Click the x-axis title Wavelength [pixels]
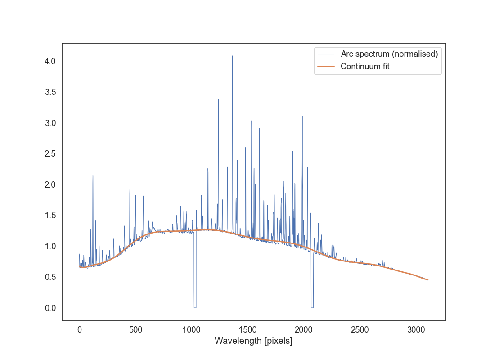pyautogui.click(x=253, y=341)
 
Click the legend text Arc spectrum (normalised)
pyautogui.click(x=389, y=54)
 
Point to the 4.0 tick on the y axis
pyautogui.click(x=49, y=61)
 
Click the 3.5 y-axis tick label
pyautogui.click(x=49, y=92)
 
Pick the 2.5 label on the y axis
pyautogui.click(x=49, y=154)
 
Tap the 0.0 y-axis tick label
pyautogui.click(x=49, y=308)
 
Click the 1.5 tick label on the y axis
pyautogui.click(x=49, y=216)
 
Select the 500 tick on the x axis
pyautogui.click(x=135, y=329)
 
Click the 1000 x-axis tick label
pyautogui.click(x=191, y=329)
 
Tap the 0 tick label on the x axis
pyautogui.click(x=79, y=329)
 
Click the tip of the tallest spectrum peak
pyautogui.click(x=232, y=56)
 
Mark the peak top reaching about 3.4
pyautogui.click(x=218, y=100)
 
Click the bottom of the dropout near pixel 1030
pyautogui.click(x=195, y=307)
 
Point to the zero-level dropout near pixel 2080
pyautogui.click(x=312, y=307)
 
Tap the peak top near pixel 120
pyautogui.click(x=93, y=175)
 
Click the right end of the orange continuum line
pyautogui.click(x=427, y=279)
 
